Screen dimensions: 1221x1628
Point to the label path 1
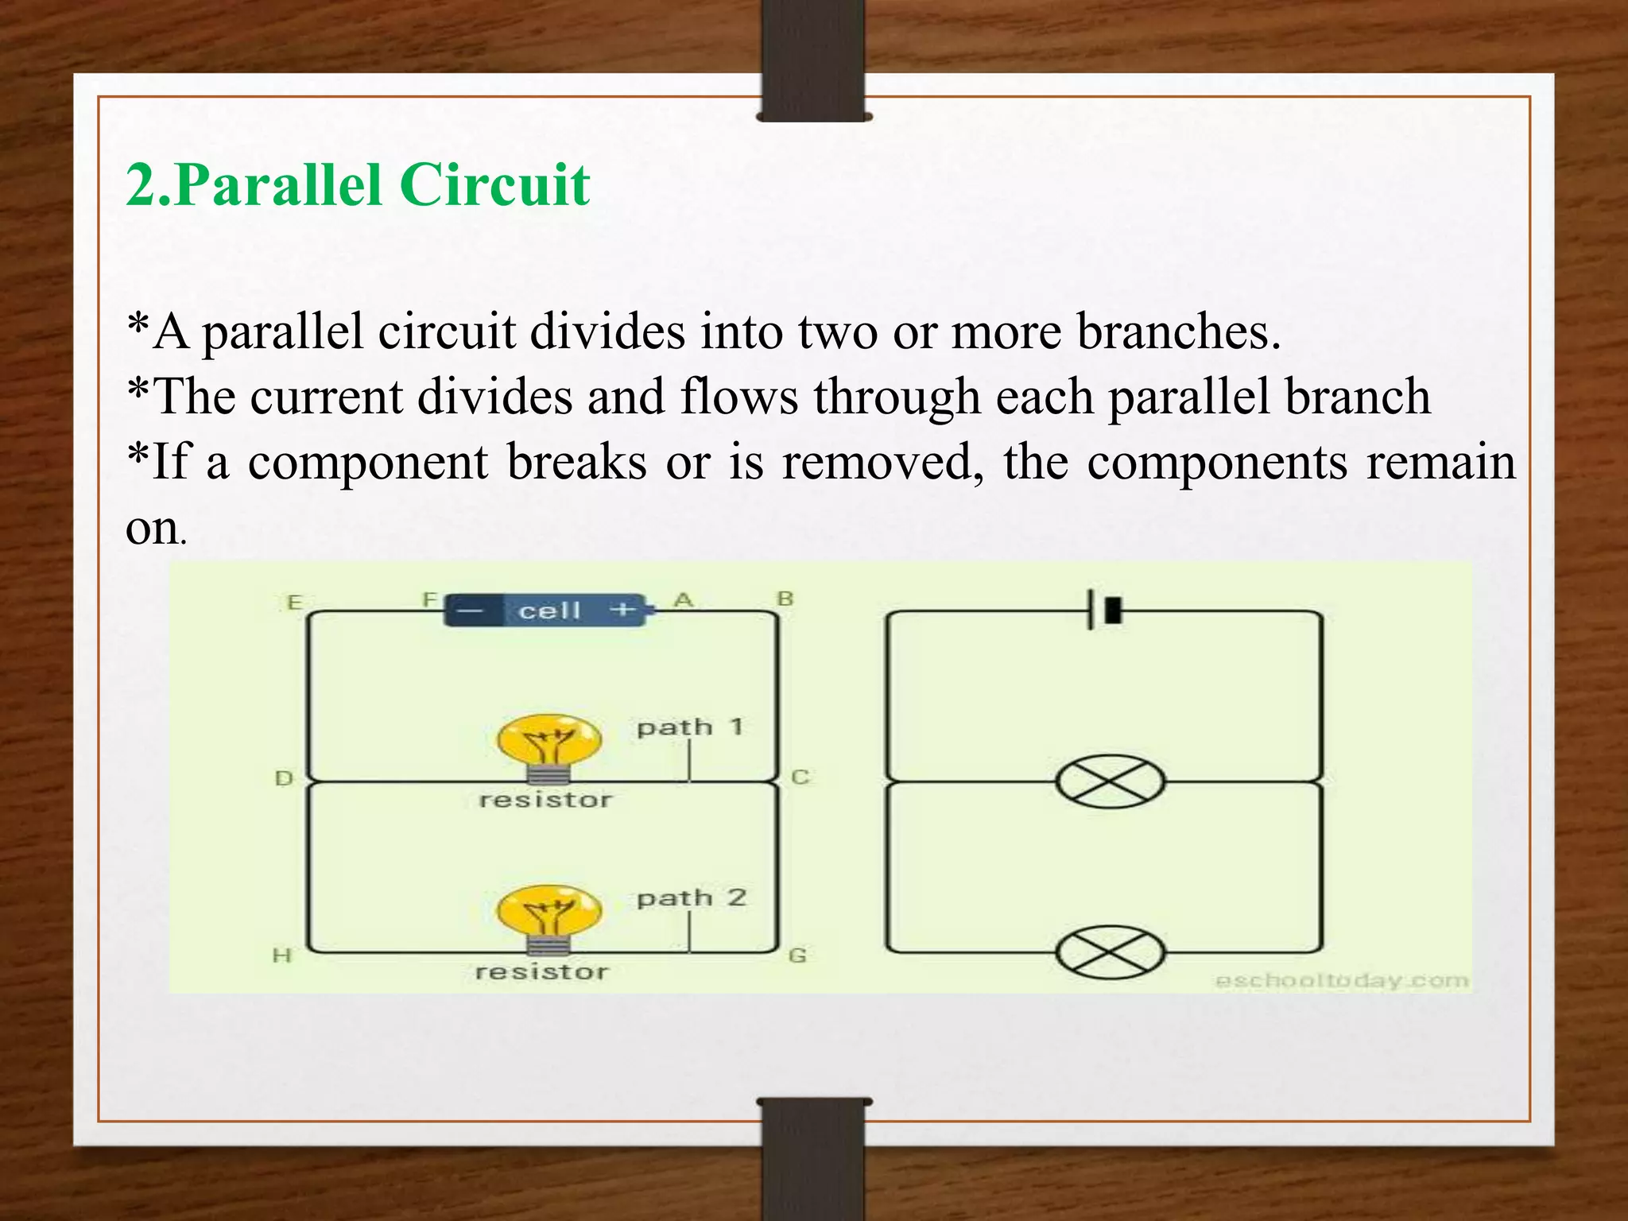(x=690, y=727)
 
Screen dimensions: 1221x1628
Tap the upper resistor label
(x=546, y=800)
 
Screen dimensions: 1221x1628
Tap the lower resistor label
(x=542, y=971)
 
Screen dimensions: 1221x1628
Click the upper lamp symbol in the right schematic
(x=1110, y=782)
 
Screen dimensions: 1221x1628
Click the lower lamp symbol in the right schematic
(x=1110, y=952)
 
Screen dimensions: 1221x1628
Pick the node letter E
(x=294, y=602)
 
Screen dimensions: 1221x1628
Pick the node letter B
(x=785, y=599)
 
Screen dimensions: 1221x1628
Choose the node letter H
(x=282, y=955)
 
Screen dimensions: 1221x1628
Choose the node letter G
(x=798, y=955)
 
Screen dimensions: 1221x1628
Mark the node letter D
(x=284, y=778)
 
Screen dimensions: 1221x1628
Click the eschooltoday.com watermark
(x=1342, y=981)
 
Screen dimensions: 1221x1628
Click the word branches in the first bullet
(x=1178, y=331)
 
